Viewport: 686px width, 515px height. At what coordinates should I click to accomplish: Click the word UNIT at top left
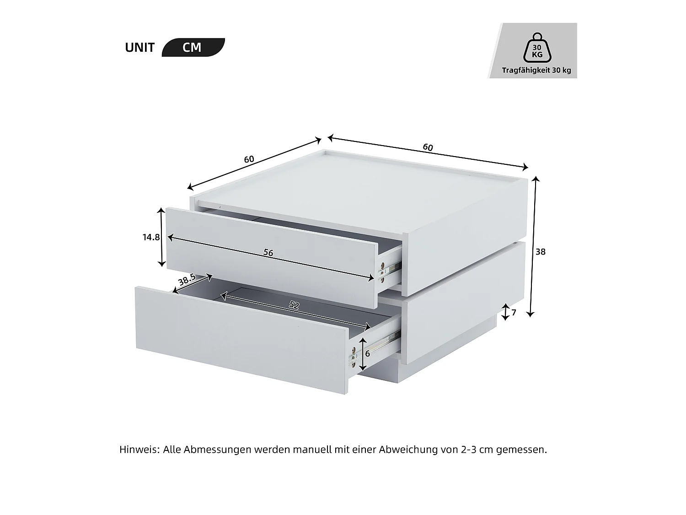[x=139, y=48]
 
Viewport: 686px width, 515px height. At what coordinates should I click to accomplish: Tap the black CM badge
[x=193, y=48]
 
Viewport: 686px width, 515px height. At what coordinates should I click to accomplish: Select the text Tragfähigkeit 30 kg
[x=536, y=70]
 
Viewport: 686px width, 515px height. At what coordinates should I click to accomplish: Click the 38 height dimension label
[x=541, y=252]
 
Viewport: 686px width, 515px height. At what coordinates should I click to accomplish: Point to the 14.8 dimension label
[x=151, y=237]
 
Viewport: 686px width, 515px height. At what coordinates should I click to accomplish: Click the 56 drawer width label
[x=268, y=253]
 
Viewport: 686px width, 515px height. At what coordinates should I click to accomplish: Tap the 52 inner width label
[x=294, y=305]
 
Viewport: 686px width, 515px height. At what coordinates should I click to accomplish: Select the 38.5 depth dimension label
[x=187, y=279]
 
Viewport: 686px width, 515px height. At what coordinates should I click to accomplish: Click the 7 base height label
[x=514, y=313]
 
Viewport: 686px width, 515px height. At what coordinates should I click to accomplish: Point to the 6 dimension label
[x=367, y=354]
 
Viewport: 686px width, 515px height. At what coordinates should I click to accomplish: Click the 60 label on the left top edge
[x=249, y=159]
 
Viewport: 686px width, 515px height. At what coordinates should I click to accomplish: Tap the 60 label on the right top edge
[x=428, y=147]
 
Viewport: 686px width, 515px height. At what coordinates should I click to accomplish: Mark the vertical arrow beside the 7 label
[x=505, y=312]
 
